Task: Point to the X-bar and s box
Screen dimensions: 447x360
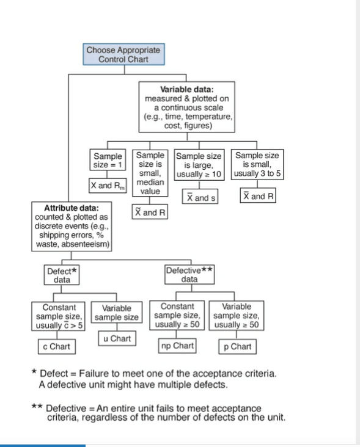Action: point(200,198)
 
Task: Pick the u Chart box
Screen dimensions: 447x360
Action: point(115,339)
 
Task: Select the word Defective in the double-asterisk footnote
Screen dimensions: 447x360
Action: point(67,407)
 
